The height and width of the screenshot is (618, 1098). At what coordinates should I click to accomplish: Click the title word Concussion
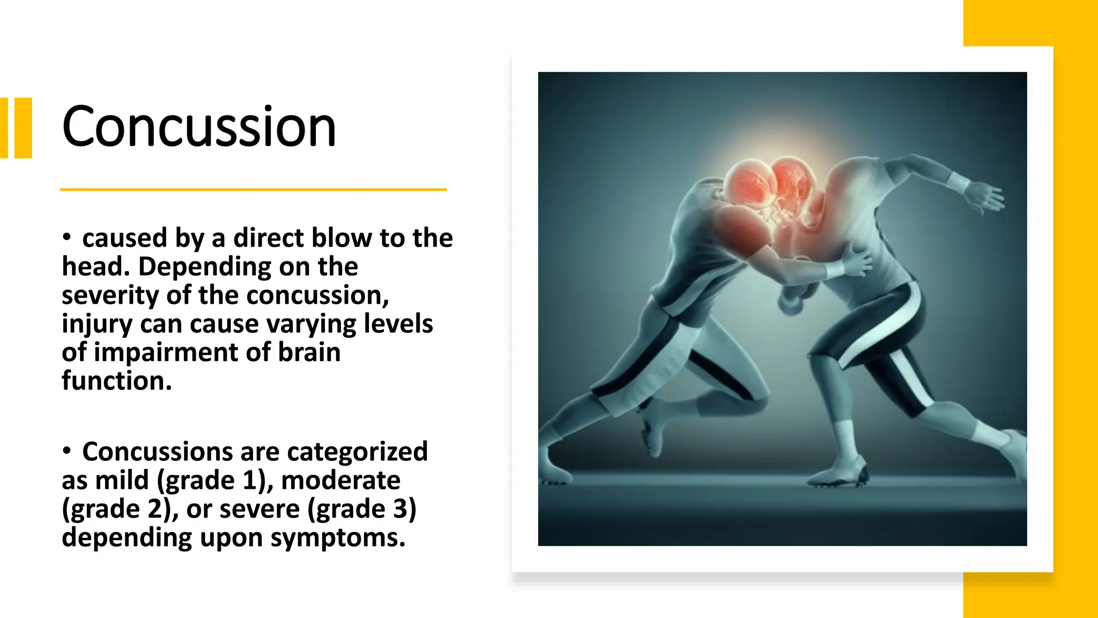click(198, 127)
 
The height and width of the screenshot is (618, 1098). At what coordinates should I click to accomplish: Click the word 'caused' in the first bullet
click(124, 238)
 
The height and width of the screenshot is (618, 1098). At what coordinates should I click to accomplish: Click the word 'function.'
click(116, 381)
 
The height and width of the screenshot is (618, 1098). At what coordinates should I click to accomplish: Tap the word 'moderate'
click(340, 480)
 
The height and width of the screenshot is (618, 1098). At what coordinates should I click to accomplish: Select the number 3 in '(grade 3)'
click(400, 509)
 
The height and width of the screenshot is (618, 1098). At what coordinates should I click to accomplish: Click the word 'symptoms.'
click(338, 537)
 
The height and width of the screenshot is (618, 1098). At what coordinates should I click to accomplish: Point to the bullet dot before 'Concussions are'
click(66, 451)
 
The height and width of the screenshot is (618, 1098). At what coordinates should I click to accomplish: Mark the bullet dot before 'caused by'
click(66, 237)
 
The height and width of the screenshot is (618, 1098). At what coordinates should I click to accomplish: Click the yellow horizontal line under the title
click(253, 189)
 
